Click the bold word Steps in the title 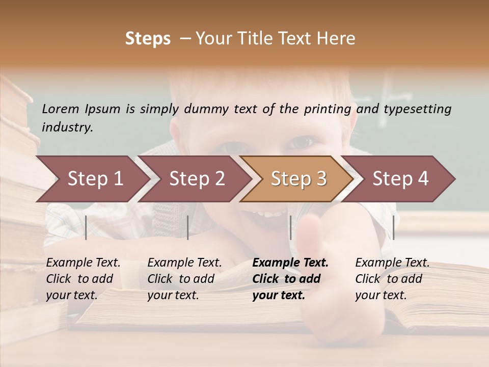click(x=148, y=39)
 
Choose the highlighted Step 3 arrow click(x=298, y=179)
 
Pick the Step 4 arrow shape click(x=400, y=179)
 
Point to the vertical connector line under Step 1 click(x=86, y=227)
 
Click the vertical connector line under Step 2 click(x=188, y=227)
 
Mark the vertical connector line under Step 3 click(x=290, y=227)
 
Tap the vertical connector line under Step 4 click(x=393, y=227)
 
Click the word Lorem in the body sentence click(x=61, y=109)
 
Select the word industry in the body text click(x=67, y=127)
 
